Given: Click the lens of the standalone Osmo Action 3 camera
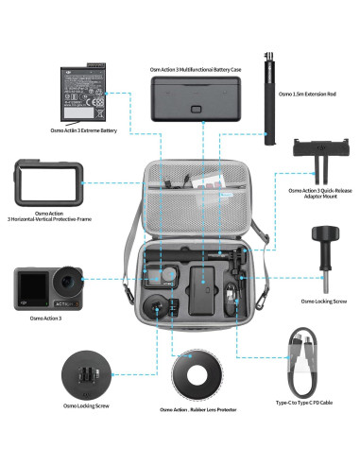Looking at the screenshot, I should pos(66,282).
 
